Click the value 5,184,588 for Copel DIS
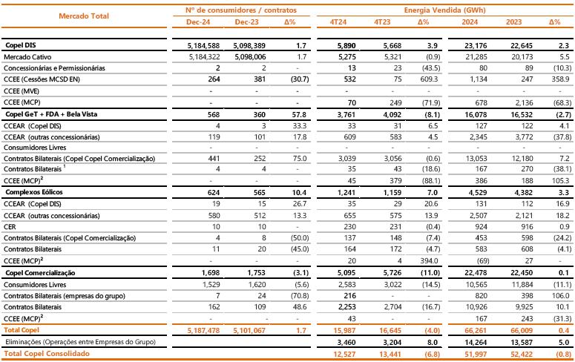pos(203,45)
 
